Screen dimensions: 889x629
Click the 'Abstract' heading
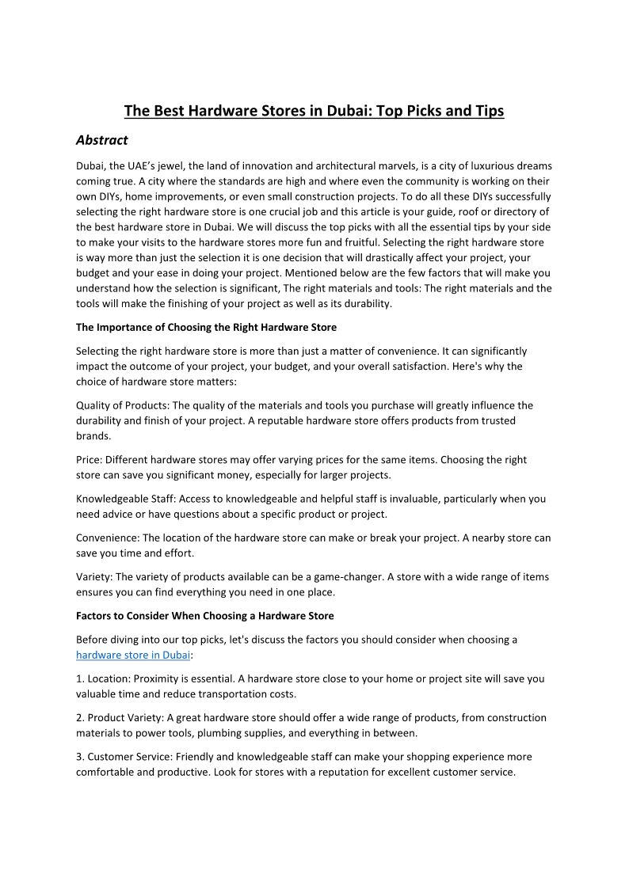(x=101, y=140)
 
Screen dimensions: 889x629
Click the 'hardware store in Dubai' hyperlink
(x=133, y=655)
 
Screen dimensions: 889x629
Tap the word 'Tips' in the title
(x=487, y=111)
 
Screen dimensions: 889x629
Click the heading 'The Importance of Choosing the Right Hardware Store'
(x=206, y=327)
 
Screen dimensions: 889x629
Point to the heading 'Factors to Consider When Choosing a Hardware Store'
(x=204, y=615)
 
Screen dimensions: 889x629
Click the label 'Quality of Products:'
(x=122, y=405)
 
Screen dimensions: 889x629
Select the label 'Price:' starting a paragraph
(x=89, y=459)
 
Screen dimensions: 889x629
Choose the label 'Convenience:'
(x=107, y=538)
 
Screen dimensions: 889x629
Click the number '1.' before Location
(x=80, y=678)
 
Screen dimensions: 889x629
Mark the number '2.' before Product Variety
(x=80, y=717)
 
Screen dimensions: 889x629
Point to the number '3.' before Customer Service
(x=80, y=757)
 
